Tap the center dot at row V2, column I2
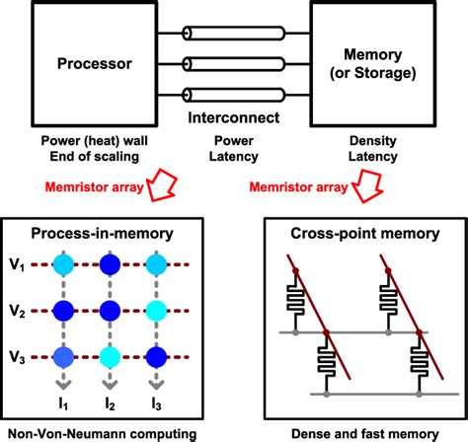(110, 310)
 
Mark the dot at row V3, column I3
(153, 355)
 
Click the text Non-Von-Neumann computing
(97, 432)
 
